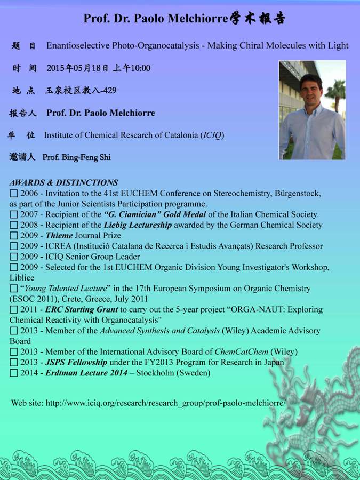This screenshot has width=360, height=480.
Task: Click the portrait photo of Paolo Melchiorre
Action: click(x=312, y=110)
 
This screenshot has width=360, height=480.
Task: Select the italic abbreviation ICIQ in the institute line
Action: click(x=212, y=135)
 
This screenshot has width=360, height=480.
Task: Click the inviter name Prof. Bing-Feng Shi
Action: click(x=76, y=157)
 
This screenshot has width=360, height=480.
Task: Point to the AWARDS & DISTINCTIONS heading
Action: click(x=63, y=182)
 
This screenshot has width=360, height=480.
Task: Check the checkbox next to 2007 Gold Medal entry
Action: click(x=14, y=214)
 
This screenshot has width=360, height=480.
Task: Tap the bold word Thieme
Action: click(x=59, y=235)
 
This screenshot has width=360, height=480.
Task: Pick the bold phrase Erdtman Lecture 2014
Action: click(x=86, y=373)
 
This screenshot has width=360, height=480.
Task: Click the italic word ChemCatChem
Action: click(x=241, y=351)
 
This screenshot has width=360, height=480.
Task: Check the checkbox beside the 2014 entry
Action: click(x=14, y=373)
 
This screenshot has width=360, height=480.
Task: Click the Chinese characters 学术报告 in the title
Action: click(x=258, y=19)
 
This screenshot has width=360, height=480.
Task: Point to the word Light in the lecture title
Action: click(x=337, y=45)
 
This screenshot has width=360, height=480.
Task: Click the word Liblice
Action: click(x=22, y=277)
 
